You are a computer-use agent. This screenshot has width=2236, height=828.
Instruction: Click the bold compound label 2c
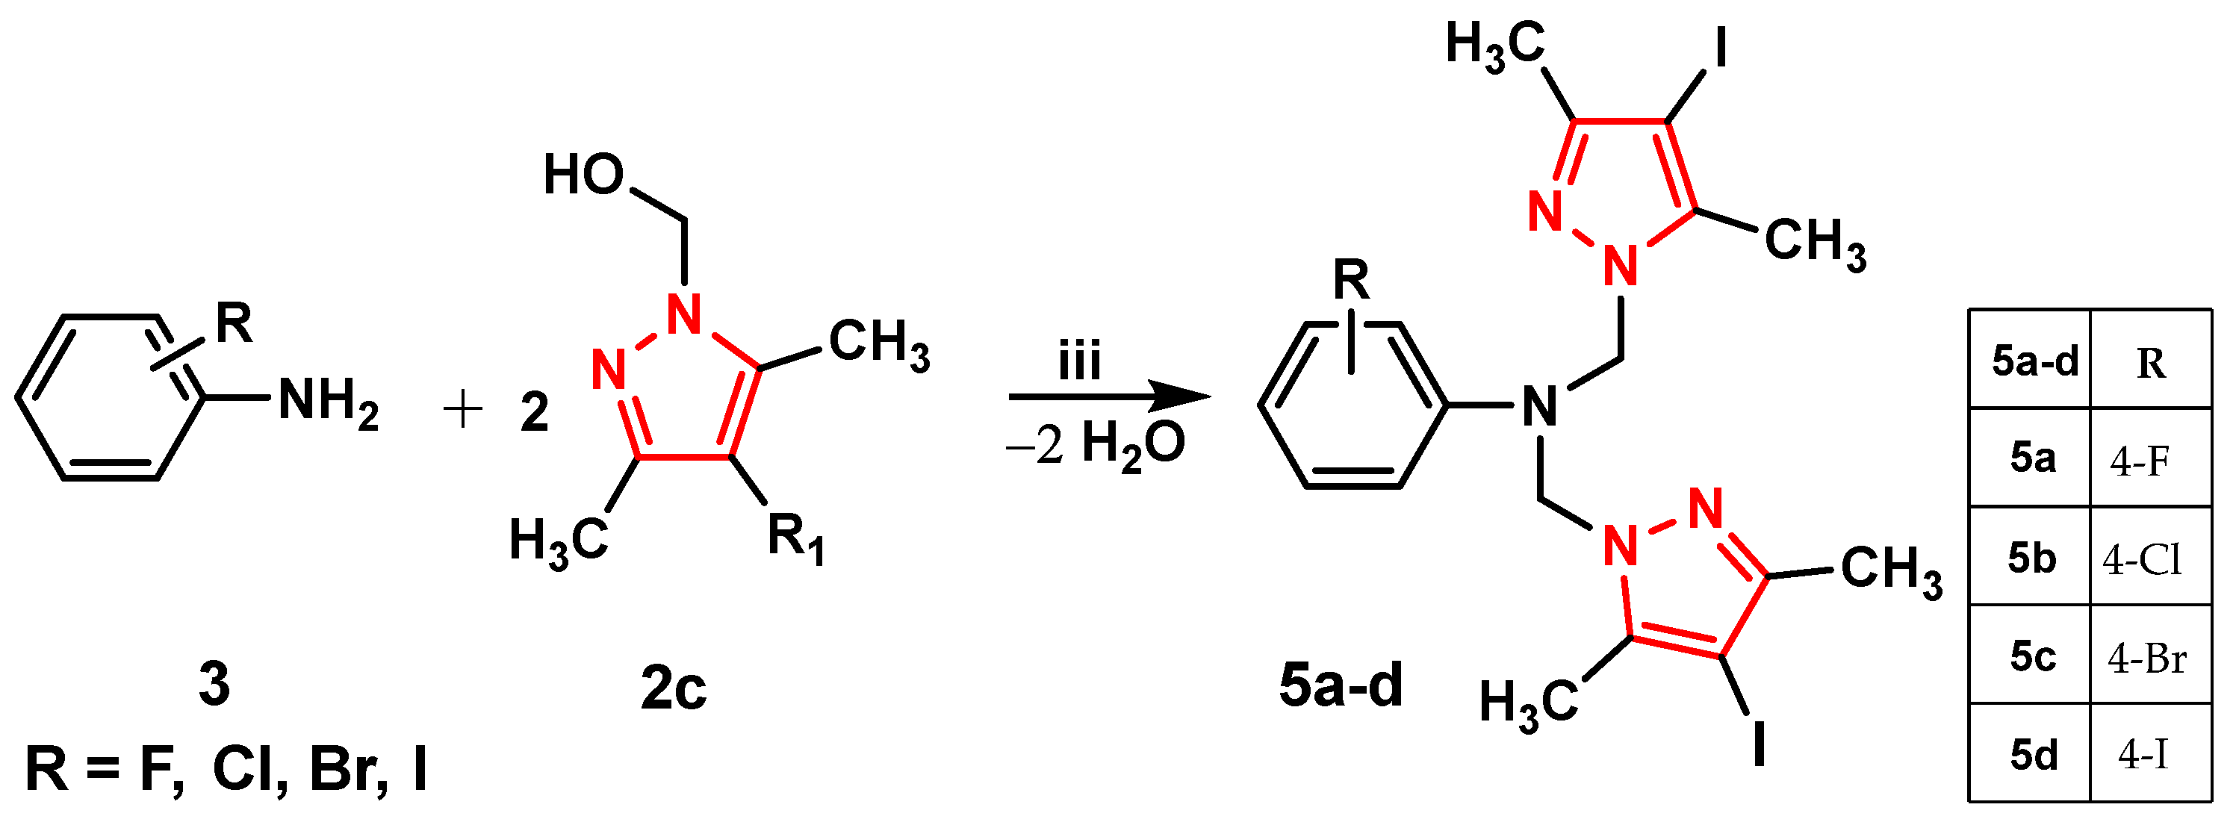coord(674,688)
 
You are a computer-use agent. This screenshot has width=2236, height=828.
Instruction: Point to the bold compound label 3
coord(214,684)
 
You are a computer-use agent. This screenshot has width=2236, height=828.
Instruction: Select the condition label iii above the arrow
coord(1080,361)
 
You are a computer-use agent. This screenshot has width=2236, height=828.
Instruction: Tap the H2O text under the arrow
coord(1133,445)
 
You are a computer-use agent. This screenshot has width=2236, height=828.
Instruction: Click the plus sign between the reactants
coord(462,410)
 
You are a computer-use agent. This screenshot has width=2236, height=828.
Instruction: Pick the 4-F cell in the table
coord(2140,461)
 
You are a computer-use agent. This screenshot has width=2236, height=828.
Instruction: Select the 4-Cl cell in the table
coord(2141,560)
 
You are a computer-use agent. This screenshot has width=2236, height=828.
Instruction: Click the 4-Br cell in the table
coord(2146,659)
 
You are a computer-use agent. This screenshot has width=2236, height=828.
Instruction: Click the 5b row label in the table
coord(2031,558)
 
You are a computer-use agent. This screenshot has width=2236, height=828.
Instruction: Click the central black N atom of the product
coord(1540,406)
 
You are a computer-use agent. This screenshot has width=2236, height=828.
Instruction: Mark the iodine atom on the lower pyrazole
coord(1760,743)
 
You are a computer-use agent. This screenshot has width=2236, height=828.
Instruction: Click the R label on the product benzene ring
coord(1350,280)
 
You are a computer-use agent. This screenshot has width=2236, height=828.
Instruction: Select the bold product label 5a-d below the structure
coord(1341,685)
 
